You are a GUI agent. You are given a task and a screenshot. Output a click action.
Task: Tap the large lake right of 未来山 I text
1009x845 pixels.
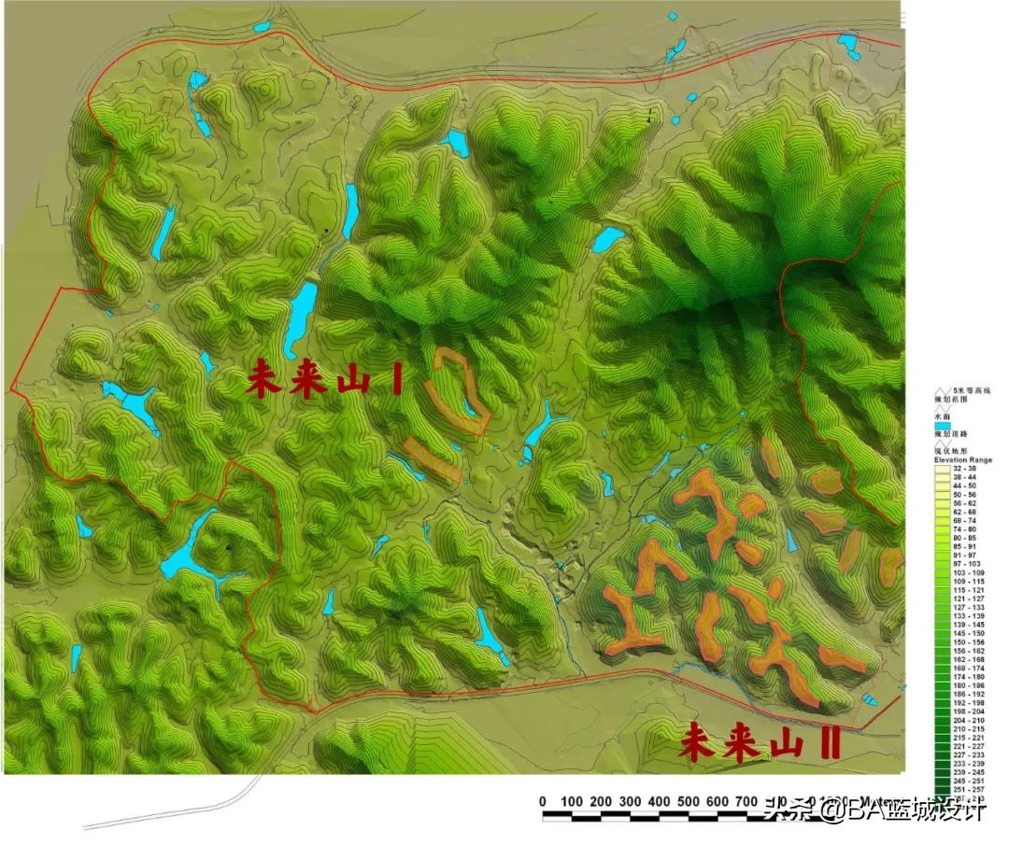tap(301, 317)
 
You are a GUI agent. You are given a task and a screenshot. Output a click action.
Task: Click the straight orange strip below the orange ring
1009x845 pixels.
tap(433, 459)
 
